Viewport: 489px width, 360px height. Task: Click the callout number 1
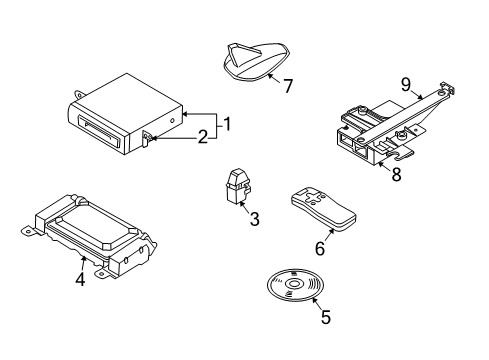click(x=227, y=124)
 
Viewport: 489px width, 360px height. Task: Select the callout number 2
click(x=203, y=137)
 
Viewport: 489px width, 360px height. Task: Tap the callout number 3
click(x=254, y=219)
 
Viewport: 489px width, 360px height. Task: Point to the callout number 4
click(x=80, y=279)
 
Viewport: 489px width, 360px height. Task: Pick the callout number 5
click(x=326, y=317)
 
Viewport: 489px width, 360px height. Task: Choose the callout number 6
click(x=320, y=248)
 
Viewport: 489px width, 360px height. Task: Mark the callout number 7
click(x=288, y=86)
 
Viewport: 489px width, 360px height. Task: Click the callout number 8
click(x=396, y=174)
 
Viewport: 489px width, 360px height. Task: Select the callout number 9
click(x=406, y=85)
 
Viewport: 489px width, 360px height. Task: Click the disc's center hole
click(x=294, y=284)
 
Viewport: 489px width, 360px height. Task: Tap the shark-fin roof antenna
click(x=256, y=61)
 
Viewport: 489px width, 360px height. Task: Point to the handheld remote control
click(x=323, y=209)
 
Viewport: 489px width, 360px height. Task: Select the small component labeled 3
click(x=238, y=186)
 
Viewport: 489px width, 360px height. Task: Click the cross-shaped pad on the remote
click(x=313, y=198)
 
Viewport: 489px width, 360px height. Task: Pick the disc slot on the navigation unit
click(x=98, y=131)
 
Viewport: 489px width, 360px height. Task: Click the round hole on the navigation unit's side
click(x=172, y=121)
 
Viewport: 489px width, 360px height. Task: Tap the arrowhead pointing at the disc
click(x=313, y=299)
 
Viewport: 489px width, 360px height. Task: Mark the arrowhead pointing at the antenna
click(x=270, y=76)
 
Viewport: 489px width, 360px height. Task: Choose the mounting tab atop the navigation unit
click(x=80, y=94)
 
